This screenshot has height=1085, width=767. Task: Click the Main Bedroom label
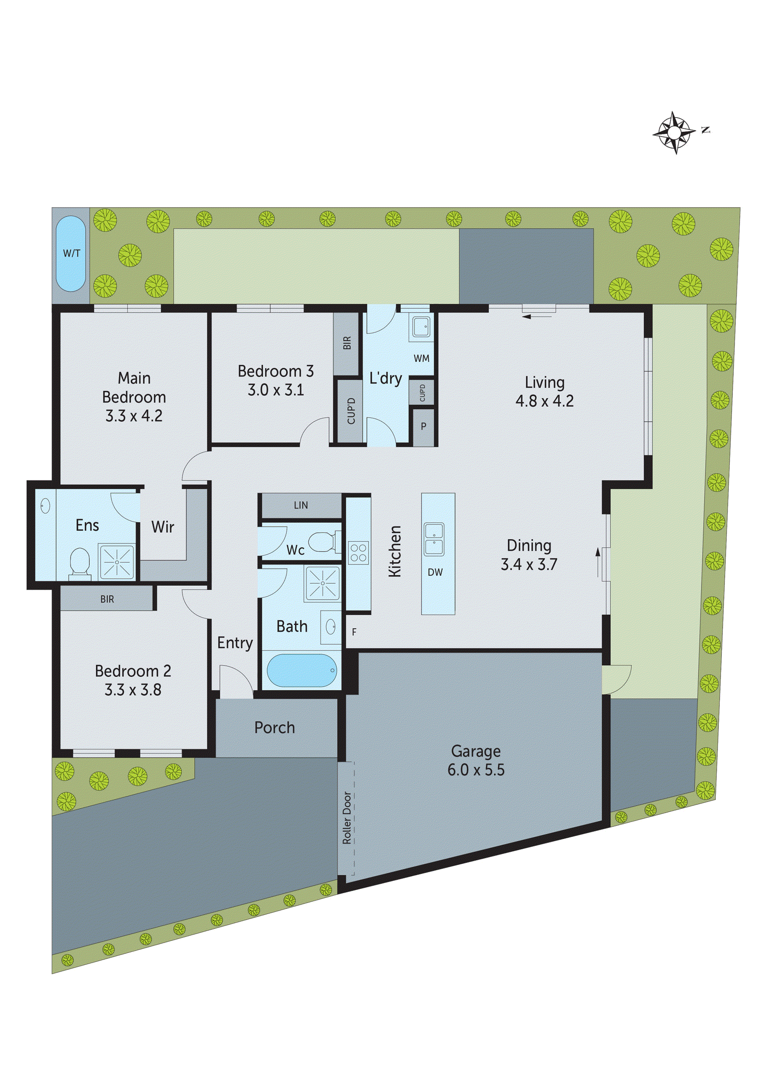pyautogui.click(x=134, y=387)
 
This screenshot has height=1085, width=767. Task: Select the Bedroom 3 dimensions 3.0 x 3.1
pyautogui.click(x=276, y=390)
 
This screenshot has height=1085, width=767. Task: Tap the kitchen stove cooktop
pyautogui.click(x=359, y=553)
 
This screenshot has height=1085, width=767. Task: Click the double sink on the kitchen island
pyautogui.click(x=434, y=539)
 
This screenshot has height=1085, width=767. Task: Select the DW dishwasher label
pyautogui.click(x=435, y=573)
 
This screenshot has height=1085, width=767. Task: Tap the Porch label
pyautogui.click(x=274, y=728)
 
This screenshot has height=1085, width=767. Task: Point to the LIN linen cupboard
pyautogui.click(x=301, y=506)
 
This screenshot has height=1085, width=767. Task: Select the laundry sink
pyautogui.click(x=421, y=325)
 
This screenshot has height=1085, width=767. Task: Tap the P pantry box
pyautogui.click(x=424, y=427)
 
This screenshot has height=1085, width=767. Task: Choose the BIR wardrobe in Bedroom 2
pyautogui.click(x=107, y=599)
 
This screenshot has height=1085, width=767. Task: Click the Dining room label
pyautogui.click(x=529, y=546)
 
